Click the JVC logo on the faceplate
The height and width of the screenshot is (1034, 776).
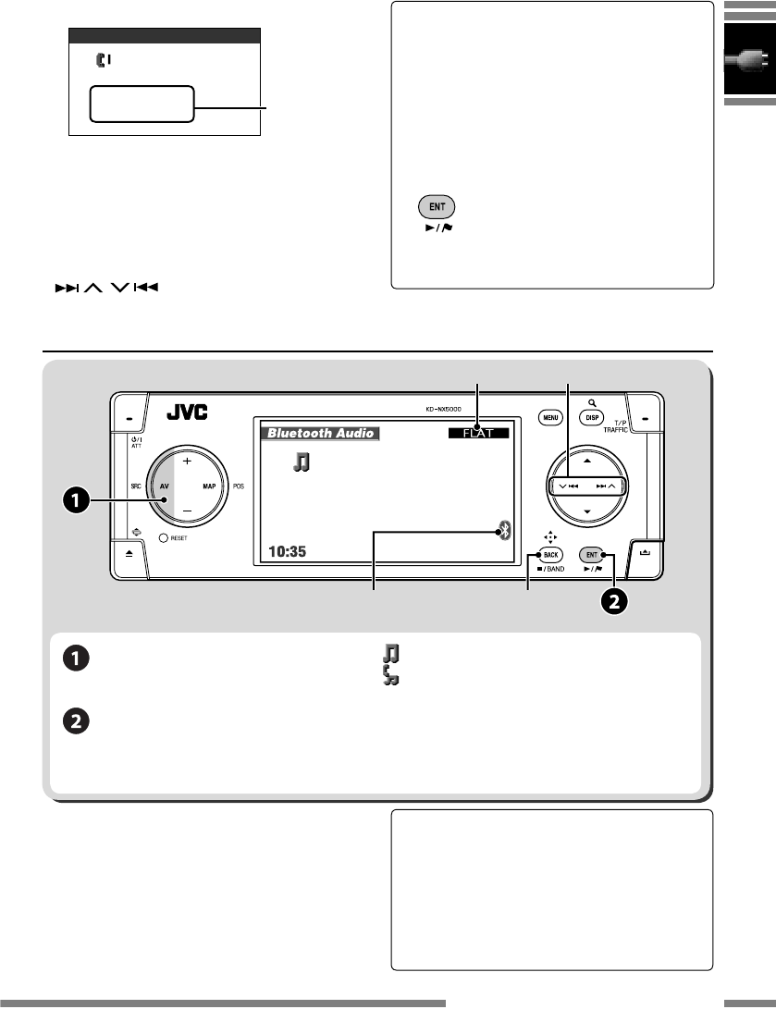point(187,413)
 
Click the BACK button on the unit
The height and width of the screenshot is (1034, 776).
point(551,554)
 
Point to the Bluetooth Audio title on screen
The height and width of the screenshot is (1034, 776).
point(320,432)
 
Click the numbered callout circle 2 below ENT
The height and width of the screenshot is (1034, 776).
point(616,601)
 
